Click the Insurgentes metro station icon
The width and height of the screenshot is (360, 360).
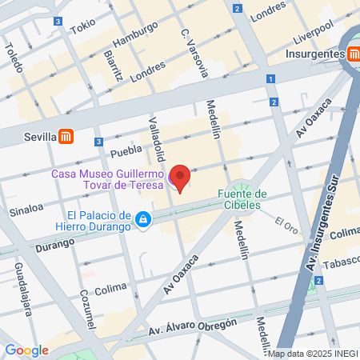coord(353,54)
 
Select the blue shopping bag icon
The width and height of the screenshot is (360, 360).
coord(142,219)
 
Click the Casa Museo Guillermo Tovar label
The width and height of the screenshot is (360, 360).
coord(108,181)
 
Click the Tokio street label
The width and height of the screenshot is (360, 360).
coord(82,26)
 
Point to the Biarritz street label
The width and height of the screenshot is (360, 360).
coord(113,65)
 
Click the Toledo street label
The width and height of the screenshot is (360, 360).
coord(14,55)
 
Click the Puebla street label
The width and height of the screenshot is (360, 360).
coord(126,150)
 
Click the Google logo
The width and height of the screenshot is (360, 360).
coord(26,350)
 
